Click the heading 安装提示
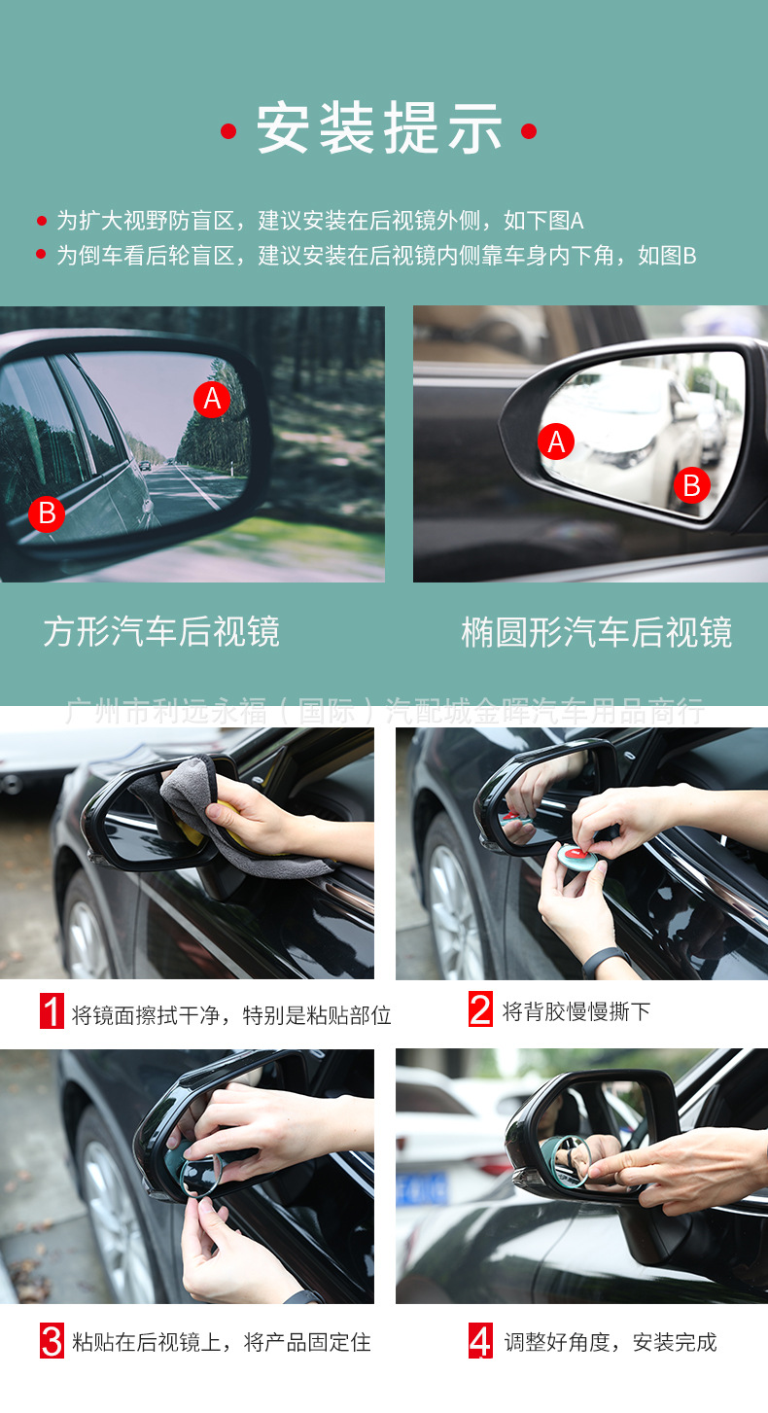[x=379, y=129]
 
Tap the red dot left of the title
[x=228, y=131]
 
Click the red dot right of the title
[x=529, y=131]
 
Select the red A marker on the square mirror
[x=212, y=399]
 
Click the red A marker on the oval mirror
[x=556, y=442]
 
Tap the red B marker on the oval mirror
[x=691, y=484]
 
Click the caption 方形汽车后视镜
[x=161, y=632]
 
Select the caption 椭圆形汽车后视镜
[x=596, y=632]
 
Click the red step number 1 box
[x=52, y=1011]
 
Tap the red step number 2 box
[x=480, y=1010]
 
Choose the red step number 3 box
[x=52, y=1342]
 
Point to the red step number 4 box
[x=480, y=1342]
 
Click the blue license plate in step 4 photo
[x=421, y=1188]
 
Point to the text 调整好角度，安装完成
[x=610, y=1343]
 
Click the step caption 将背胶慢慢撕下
[x=576, y=1011]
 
